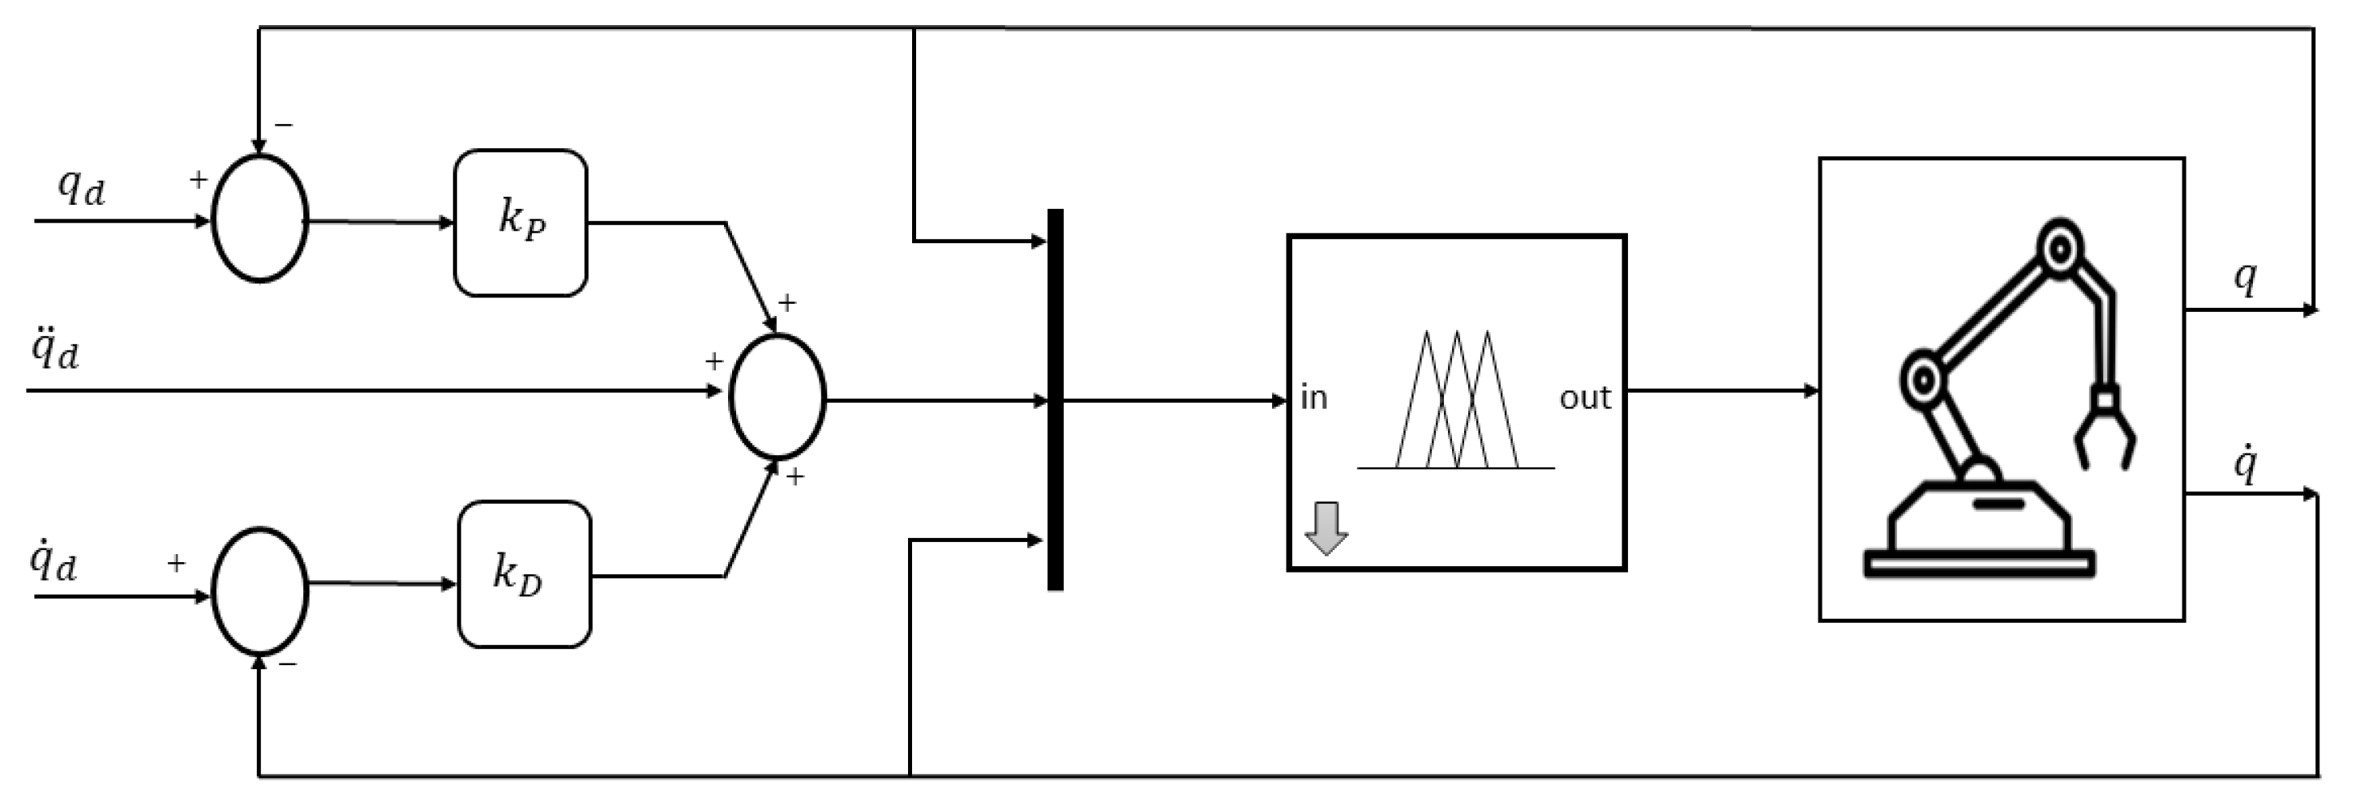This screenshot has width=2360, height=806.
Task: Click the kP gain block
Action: [520, 223]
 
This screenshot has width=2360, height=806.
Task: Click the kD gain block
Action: [524, 574]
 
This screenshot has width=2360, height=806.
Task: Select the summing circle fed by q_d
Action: [260, 219]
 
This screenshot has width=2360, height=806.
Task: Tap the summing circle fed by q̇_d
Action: [260, 591]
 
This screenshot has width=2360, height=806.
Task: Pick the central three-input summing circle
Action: [777, 397]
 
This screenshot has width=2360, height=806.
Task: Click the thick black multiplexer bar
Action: [1056, 400]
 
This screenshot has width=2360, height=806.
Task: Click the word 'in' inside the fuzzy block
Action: [1313, 398]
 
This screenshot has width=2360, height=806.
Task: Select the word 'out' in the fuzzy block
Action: [1585, 398]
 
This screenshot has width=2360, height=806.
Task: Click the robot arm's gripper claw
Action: [2105, 436]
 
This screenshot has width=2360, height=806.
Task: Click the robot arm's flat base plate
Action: [1979, 563]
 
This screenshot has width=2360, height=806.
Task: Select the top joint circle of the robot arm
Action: [2059, 248]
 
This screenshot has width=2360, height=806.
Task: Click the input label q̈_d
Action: [55, 350]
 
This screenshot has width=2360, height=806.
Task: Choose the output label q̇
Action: [2245, 464]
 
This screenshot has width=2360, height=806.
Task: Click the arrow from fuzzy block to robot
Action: [1722, 391]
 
